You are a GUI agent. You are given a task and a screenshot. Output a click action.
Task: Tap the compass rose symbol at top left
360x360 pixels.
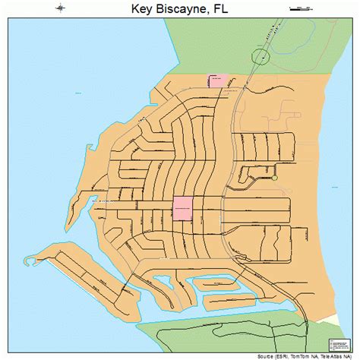[59, 10]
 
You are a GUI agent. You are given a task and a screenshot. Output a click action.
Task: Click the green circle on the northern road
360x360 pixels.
[260, 57]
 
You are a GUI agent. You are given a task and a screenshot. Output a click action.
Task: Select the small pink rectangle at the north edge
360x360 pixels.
[218, 81]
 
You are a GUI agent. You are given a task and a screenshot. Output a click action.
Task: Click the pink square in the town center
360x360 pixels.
[182, 207]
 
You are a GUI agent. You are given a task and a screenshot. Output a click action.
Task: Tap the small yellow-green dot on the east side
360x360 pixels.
[275, 178]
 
